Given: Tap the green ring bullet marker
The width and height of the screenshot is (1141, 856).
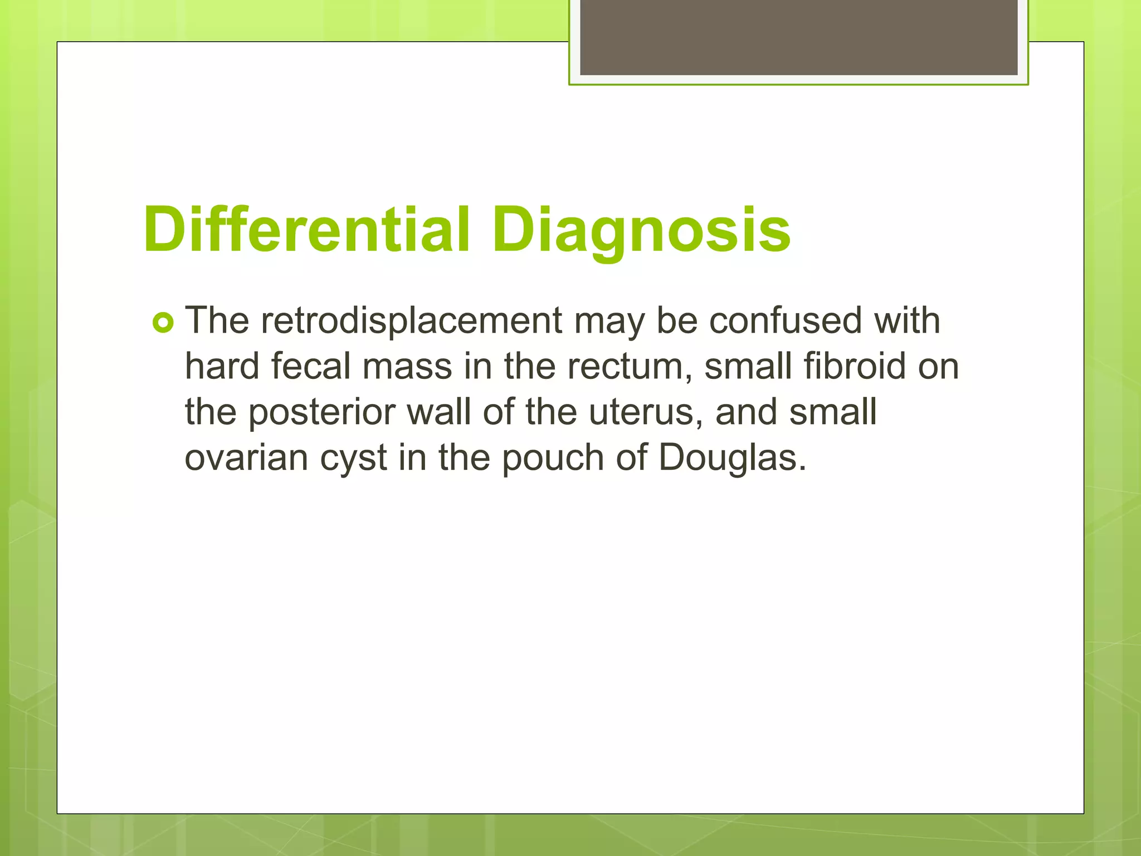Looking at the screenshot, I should coord(163,323).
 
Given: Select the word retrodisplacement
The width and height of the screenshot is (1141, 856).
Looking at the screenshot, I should coord(411,322).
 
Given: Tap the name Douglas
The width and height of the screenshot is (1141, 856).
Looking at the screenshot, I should coord(732,458).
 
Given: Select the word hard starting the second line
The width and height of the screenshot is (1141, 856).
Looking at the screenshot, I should coord(222,367).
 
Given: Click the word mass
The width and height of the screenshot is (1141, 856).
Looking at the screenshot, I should coord(407,368).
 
